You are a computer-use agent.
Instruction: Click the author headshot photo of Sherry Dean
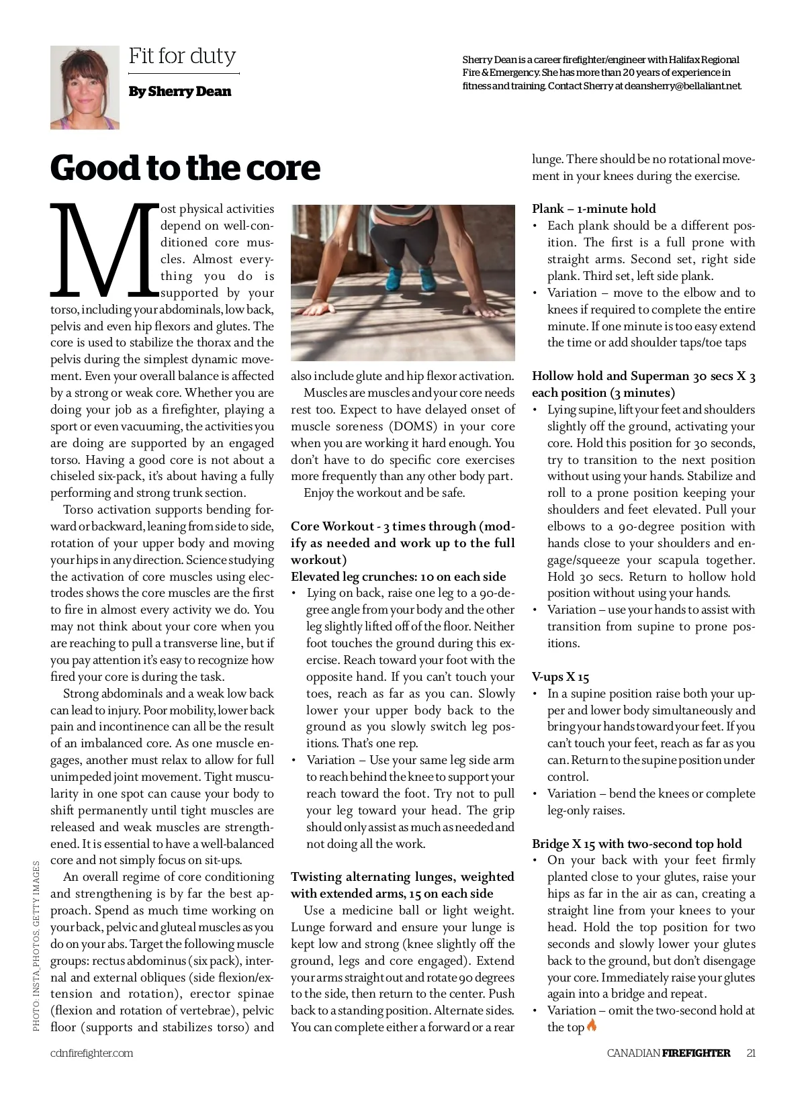coord(85,87)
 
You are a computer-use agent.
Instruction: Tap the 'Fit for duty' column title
coord(182,56)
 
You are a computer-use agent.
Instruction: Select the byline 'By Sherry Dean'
coord(180,91)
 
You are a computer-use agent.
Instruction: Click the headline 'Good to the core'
coord(185,167)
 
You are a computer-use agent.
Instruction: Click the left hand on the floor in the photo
coord(321,307)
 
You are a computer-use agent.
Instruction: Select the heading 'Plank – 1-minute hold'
coord(594,209)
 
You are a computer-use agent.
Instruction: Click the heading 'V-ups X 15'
coord(560,677)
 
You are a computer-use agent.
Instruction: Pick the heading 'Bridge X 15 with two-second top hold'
coord(637,844)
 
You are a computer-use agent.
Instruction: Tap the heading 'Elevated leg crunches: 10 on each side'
coord(398,577)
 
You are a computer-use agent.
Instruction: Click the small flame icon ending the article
coord(592,1025)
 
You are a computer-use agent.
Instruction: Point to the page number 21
coord(751,1053)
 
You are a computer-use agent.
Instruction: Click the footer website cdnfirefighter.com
coord(91,1053)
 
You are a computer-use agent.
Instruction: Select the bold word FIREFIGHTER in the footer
coord(696,1053)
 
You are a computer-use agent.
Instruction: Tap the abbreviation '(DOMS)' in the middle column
coord(413,426)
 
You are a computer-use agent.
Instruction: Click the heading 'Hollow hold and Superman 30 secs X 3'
coord(643,376)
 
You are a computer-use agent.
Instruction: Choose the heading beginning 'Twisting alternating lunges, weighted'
coord(402,877)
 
